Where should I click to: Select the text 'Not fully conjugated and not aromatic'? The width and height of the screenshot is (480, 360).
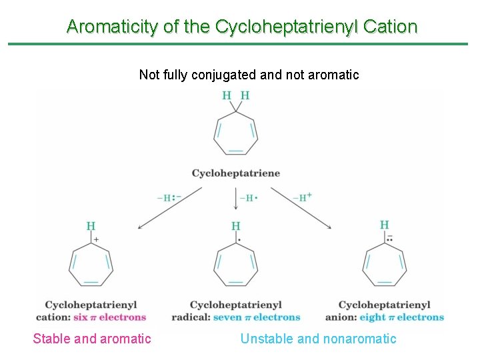[x=249, y=75]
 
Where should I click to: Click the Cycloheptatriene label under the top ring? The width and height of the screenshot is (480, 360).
[x=236, y=173]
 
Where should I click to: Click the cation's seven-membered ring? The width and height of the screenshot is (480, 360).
[x=91, y=266]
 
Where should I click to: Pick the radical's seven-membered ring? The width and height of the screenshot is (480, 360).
[x=236, y=266]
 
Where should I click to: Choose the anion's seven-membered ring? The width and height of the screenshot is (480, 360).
[x=385, y=266]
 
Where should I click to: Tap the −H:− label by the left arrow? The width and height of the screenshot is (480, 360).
[x=169, y=198]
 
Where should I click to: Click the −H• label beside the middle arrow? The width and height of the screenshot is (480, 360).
[x=249, y=198]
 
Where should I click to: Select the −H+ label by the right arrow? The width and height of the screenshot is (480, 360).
[x=301, y=197]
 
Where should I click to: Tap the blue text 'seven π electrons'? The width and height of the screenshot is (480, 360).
[x=257, y=317]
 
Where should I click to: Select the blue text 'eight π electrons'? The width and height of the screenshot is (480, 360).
[x=401, y=317]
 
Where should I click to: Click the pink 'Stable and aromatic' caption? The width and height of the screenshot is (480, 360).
[x=92, y=339]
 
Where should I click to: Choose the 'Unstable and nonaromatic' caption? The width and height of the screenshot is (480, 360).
[x=318, y=339]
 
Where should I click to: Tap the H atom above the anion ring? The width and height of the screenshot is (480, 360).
[x=385, y=225]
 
